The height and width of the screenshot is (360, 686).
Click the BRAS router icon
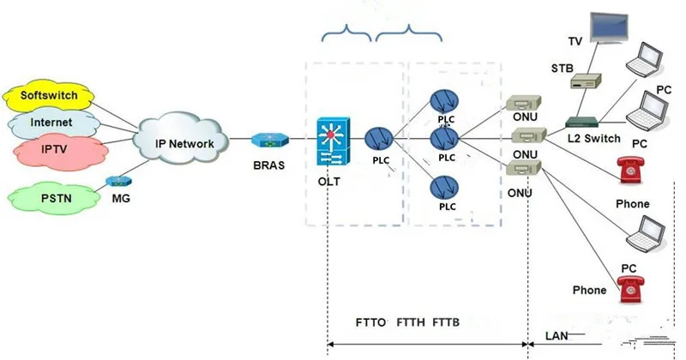click(270, 140)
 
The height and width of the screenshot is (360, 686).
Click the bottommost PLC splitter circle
click(446, 186)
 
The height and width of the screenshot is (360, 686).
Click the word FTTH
click(412, 322)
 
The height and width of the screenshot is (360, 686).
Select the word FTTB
click(446, 322)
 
